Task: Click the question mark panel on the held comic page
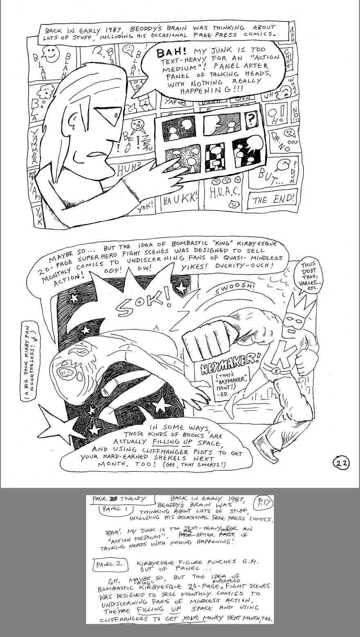pos(249,121)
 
